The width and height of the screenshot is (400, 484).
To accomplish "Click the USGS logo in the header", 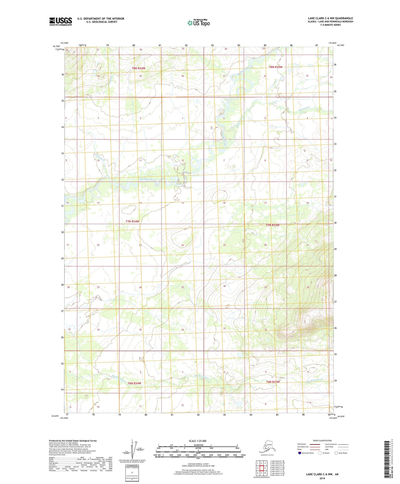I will point(60,21).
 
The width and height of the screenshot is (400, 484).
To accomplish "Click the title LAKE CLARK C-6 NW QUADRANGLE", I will point(330,18).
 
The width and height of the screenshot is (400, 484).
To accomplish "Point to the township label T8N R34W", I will point(138,68).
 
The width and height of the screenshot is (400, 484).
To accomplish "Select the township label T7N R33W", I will point(273,225).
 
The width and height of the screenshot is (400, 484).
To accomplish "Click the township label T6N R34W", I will point(134,383).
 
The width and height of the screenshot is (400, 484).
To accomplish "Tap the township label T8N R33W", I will point(276,67).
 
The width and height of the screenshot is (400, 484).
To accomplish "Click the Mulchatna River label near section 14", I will point(147,179).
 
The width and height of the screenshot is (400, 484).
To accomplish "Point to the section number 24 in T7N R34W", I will point(182,245).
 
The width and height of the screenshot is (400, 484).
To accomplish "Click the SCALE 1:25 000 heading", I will point(197,441).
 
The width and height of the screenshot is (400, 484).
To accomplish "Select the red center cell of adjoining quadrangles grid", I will point(261,468).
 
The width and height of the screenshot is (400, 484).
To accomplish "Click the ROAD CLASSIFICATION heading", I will point(322,440).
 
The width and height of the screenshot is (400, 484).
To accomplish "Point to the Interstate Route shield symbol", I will point(300,453).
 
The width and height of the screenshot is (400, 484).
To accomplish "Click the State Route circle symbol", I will point(336,453).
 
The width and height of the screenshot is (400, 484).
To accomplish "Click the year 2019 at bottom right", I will point(322,478).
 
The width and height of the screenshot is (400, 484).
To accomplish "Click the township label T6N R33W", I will point(273,382).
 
